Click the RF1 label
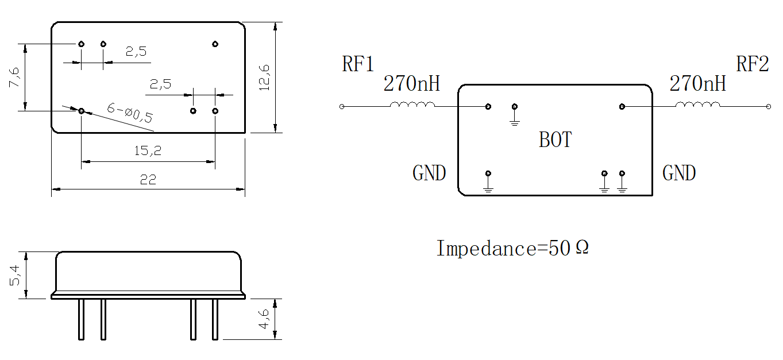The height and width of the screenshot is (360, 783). (358, 64)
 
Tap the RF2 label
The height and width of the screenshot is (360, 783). (752, 64)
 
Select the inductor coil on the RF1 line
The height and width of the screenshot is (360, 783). (412, 104)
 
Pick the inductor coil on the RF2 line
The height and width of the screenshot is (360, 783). (698, 104)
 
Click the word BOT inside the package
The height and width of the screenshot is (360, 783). (555, 140)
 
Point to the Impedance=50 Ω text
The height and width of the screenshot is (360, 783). (513, 248)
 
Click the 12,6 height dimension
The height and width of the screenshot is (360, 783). (264, 78)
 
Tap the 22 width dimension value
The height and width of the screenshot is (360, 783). (148, 180)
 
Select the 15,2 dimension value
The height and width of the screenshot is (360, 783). (148, 150)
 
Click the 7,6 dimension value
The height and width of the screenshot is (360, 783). (14, 78)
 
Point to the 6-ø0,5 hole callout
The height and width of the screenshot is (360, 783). (130, 113)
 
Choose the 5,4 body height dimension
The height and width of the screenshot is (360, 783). (14, 276)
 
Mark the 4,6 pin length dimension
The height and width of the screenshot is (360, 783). (264, 319)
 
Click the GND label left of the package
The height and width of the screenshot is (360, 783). (429, 173)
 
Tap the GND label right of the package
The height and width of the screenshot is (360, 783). (679, 173)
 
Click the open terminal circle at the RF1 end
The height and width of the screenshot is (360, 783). (342, 107)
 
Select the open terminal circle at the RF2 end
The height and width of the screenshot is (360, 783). (768, 107)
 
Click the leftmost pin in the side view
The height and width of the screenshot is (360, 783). (81, 319)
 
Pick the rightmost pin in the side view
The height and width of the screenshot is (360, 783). (215, 319)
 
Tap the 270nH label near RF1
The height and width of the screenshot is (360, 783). (412, 83)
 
